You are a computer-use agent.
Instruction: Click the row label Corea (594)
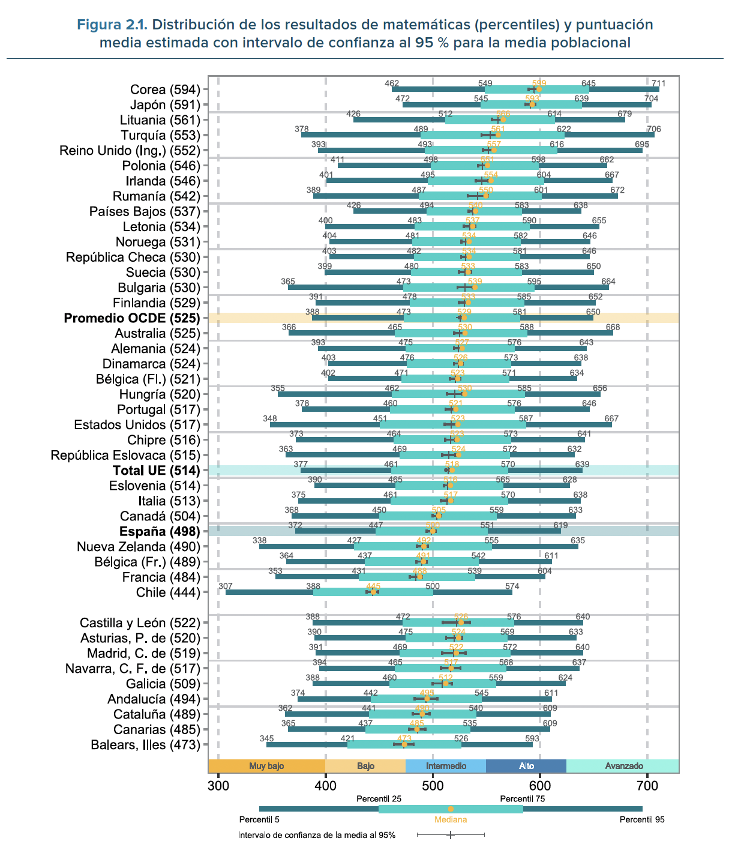(x=165, y=89)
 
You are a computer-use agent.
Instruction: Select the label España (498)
(x=160, y=531)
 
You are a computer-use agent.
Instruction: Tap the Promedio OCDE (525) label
(x=132, y=318)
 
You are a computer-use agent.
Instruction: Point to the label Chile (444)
(x=168, y=592)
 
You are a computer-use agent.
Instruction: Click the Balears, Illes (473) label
(x=145, y=745)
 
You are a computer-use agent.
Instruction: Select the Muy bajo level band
(x=266, y=766)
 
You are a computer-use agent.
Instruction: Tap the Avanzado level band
(x=624, y=766)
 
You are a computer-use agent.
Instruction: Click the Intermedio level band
(x=446, y=766)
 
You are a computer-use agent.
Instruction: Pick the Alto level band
(x=526, y=766)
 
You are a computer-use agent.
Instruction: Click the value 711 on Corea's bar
(x=658, y=83)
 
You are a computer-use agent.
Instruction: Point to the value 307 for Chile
(x=225, y=586)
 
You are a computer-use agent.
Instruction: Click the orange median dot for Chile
(x=373, y=592)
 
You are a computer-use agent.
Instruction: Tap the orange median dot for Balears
(x=404, y=744)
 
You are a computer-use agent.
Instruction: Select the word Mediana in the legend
(x=451, y=819)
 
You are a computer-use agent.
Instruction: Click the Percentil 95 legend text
(x=642, y=819)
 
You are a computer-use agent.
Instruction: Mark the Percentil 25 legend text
(x=379, y=798)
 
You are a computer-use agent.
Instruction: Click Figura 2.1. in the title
(x=112, y=25)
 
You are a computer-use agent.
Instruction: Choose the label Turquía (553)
(x=160, y=135)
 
